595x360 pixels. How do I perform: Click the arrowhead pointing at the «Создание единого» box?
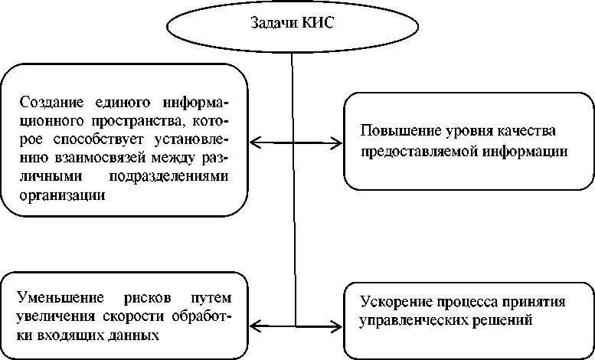(255, 142)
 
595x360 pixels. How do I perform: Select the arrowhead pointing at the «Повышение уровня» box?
(338, 142)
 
